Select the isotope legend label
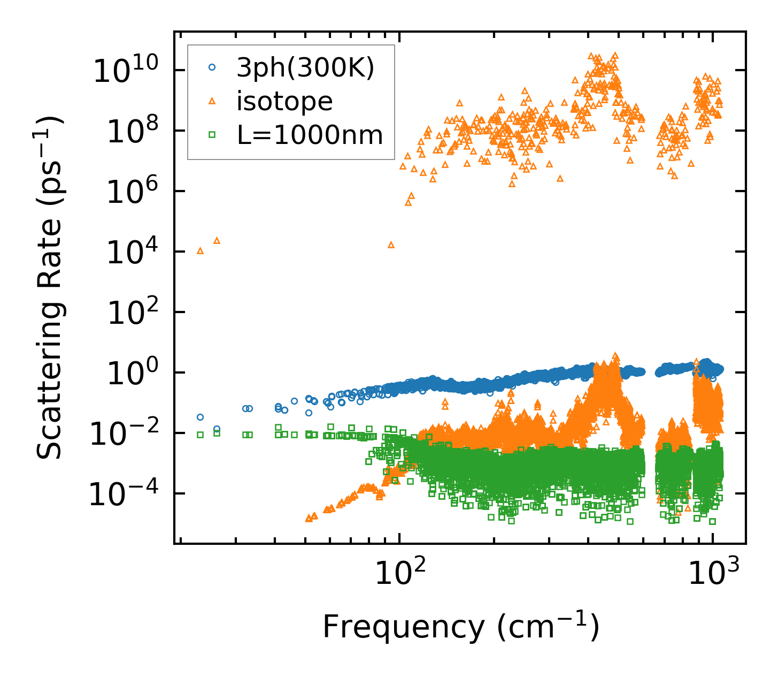[284, 101]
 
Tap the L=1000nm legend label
[310, 135]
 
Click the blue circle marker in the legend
[212, 67]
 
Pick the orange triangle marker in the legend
[212, 101]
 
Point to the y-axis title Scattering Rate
[49, 287]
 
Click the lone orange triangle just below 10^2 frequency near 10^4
[391, 245]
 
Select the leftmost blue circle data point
[200, 417]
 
